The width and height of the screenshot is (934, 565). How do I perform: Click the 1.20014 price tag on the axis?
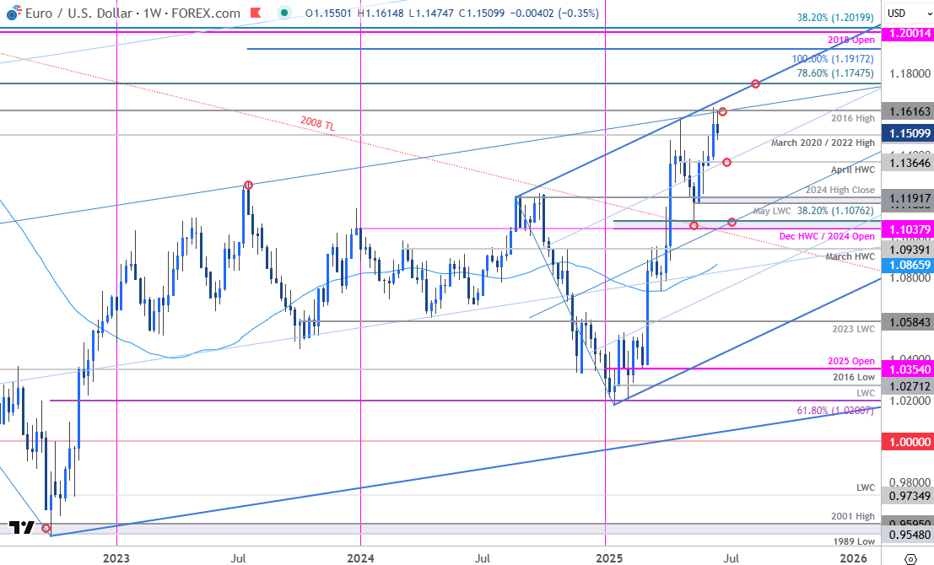point(907,33)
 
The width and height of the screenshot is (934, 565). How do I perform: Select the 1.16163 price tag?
point(907,111)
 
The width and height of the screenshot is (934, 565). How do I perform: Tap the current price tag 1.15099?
point(907,133)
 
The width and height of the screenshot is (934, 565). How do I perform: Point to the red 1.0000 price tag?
point(907,441)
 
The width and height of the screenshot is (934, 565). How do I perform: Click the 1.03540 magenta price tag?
point(907,369)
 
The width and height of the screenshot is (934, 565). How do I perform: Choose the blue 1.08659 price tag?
point(907,265)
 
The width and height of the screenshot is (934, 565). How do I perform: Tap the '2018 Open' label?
point(852,40)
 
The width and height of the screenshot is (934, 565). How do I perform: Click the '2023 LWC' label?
point(854,329)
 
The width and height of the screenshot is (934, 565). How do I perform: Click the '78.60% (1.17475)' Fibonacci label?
point(836,73)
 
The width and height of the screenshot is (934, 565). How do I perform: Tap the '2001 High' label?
point(854,516)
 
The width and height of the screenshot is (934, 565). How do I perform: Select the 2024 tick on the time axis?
point(360,557)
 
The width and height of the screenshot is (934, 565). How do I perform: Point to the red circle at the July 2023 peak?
point(248,185)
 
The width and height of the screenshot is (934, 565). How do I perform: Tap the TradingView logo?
point(24,528)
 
